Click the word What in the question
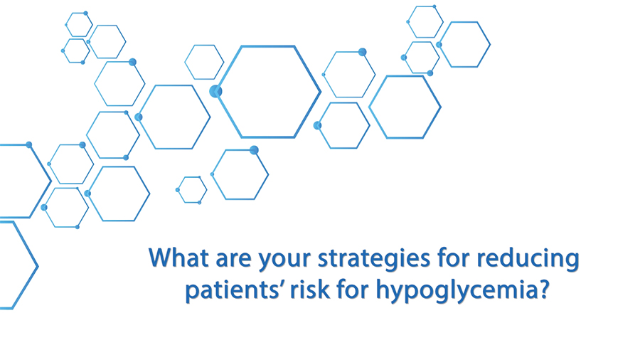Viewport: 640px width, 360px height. [x=178, y=258]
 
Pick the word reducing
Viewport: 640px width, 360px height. [x=528, y=260]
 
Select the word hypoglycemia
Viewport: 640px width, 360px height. [x=454, y=290]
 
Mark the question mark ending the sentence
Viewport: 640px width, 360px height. [x=541, y=289]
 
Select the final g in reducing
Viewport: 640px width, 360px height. [x=572, y=263]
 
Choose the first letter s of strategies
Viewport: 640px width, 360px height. [x=324, y=260]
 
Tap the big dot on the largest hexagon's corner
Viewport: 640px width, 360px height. [x=215, y=92]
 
